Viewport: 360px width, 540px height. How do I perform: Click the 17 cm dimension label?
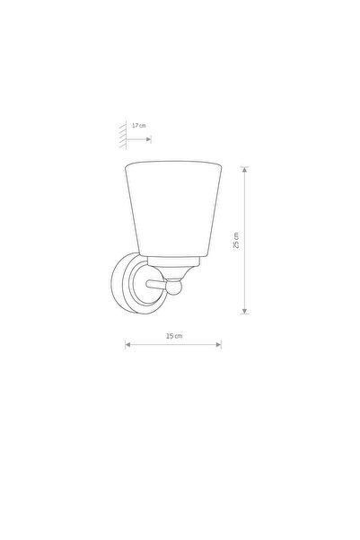pos(139,126)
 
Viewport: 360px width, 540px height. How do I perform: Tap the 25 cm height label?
pos(236,241)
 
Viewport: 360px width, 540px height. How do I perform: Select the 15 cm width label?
pos(174,336)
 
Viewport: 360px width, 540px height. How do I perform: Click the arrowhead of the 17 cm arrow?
pos(148,139)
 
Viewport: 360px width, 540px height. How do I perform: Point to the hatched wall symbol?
pos(123,135)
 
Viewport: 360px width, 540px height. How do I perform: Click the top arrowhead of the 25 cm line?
pos(245,170)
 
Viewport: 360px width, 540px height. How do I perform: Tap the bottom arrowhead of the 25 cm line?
pos(245,311)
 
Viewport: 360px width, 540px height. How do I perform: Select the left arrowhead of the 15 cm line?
pos(127,344)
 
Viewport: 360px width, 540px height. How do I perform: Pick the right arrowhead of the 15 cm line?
pos(218,344)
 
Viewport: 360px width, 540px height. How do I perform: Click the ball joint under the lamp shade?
pos(174,288)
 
